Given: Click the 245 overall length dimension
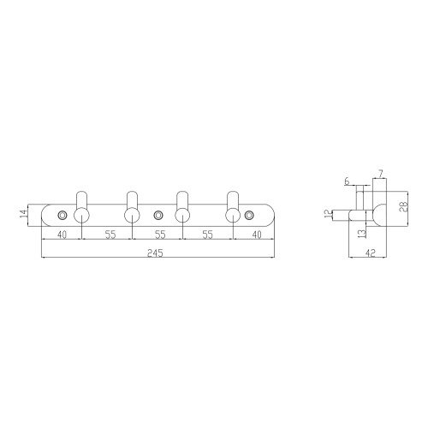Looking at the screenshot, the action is click(x=155, y=253).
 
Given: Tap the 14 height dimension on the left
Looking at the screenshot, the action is click(x=24, y=214).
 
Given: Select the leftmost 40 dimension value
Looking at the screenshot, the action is click(x=62, y=235).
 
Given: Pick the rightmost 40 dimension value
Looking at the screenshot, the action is click(x=257, y=235).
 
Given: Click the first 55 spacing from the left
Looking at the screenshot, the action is click(x=110, y=235).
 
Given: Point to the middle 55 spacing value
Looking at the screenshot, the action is click(x=160, y=235).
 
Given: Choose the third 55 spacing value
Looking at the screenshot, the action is click(x=208, y=235).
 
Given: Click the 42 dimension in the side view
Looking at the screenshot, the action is click(x=370, y=253).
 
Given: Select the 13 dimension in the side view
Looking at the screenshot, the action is click(x=362, y=234).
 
